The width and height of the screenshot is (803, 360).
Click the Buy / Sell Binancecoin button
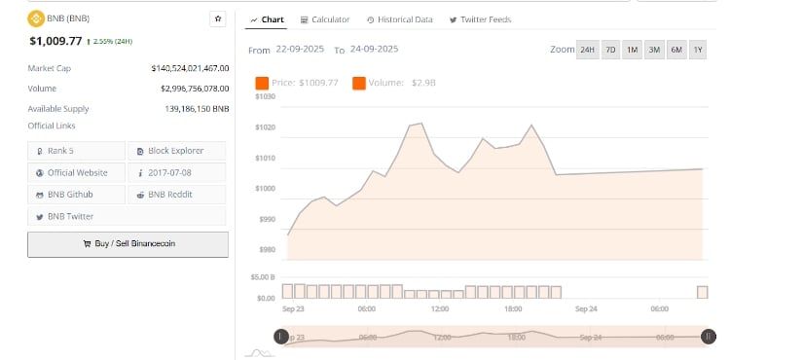pyautogui.click(x=128, y=243)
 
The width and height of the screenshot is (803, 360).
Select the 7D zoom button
pyautogui.click(x=610, y=49)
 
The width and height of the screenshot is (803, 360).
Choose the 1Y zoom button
pyautogui.click(x=698, y=49)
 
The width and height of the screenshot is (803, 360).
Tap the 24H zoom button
pyautogui.click(x=588, y=49)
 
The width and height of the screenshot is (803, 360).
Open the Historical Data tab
pyautogui.click(x=399, y=19)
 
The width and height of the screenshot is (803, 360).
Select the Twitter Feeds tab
pyautogui.click(x=480, y=19)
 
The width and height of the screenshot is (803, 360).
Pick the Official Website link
pyautogui.click(x=77, y=172)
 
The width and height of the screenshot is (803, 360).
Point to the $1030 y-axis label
pyautogui.click(x=265, y=96)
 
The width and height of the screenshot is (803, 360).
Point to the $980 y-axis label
pyautogui.click(x=266, y=250)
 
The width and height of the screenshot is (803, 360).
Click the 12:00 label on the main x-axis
pyautogui.click(x=440, y=308)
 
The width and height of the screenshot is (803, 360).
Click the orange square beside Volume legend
pyautogui.click(x=359, y=83)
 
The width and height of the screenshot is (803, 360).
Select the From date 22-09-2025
pyautogui.click(x=301, y=49)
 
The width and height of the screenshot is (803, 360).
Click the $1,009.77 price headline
pyautogui.click(x=55, y=41)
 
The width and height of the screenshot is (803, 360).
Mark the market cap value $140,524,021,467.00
pyautogui.click(x=191, y=68)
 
